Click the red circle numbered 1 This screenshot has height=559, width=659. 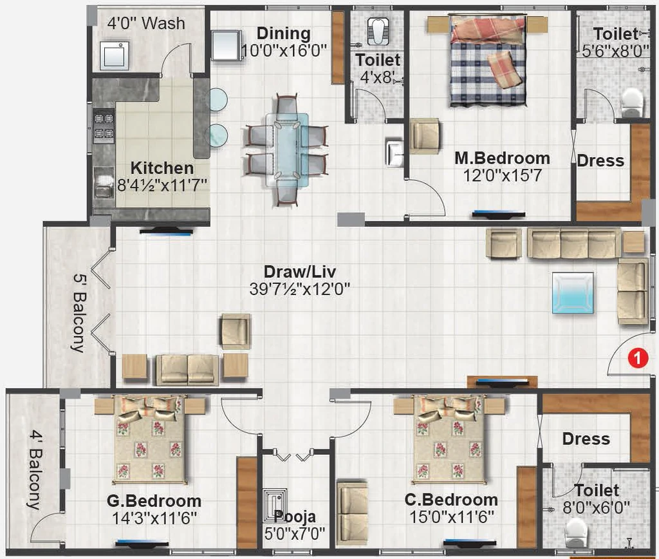[638, 358]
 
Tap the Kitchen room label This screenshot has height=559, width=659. [162, 168]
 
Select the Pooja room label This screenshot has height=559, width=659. [295, 516]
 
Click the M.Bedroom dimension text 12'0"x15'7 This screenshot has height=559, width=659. [502, 175]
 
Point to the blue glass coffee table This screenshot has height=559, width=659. [573, 293]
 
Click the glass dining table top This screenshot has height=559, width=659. [287, 149]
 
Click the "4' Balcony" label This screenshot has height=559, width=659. [35, 470]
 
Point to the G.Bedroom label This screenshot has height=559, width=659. [154, 501]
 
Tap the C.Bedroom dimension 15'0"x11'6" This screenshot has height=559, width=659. [452, 517]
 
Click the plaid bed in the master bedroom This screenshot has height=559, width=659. [488, 61]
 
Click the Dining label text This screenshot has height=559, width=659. [284, 33]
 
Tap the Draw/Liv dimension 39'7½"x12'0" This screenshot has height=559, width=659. [300, 289]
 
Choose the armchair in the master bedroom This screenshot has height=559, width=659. [425, 137]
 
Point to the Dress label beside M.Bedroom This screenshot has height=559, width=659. [600, 160]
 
